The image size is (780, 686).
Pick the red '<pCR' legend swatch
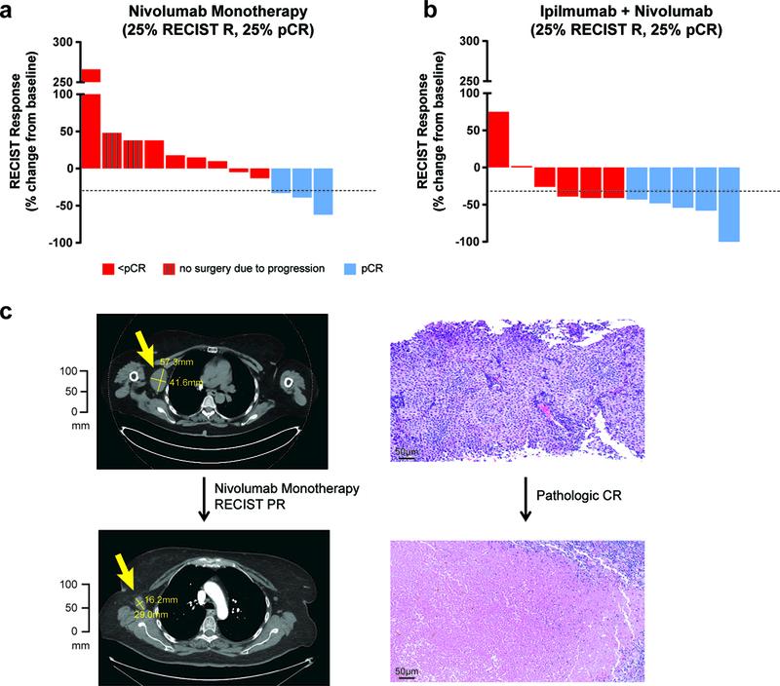coord(108,266)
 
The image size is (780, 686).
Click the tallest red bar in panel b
coord(498,139)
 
